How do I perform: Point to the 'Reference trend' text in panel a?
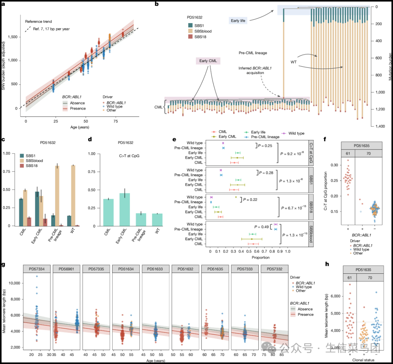click(x=39, y=22)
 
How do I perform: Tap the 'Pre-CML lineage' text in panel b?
click(x=253, y=53)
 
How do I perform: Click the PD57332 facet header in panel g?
click(x=274, y=268)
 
